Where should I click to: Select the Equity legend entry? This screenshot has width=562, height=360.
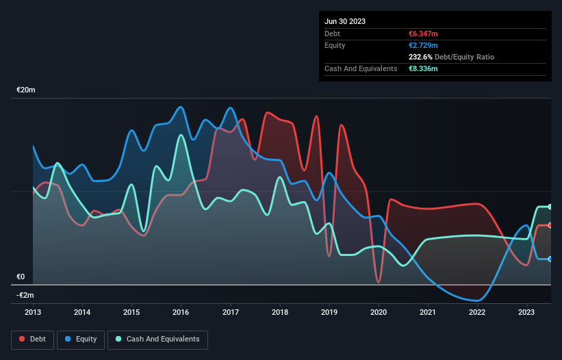tap(81, 339)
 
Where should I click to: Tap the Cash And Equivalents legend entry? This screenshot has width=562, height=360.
tap(157, 339)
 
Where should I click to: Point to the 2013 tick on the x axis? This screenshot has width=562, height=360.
tap(33, 312)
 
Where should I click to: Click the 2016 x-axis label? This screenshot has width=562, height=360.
tap(181, 312)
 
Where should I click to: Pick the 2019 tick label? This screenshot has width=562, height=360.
tap(329, 312)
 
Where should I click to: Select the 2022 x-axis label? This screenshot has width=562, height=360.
tap(477, 312)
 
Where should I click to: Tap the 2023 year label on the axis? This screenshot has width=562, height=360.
tap(526, 312)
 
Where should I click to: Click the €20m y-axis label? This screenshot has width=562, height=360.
tap(26, 90)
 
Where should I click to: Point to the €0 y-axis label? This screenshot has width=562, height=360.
tap(21, 277)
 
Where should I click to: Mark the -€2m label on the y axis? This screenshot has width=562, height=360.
tap(25, 296)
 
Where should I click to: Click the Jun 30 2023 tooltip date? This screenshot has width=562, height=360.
tap(345, 21)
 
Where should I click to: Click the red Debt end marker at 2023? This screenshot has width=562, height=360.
tap(550, 225)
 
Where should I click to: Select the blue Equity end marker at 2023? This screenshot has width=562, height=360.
tap(550, 259)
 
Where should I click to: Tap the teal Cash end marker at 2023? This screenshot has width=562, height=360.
tap(550, 207)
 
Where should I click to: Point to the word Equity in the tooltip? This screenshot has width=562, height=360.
tap(335, 45)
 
